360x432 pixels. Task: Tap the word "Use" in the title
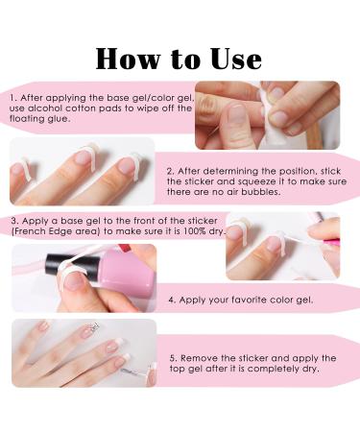(236, 59)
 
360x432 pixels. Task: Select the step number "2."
(171, 171)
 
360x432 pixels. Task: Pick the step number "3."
(15, 221)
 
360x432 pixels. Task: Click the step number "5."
(174, 358)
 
